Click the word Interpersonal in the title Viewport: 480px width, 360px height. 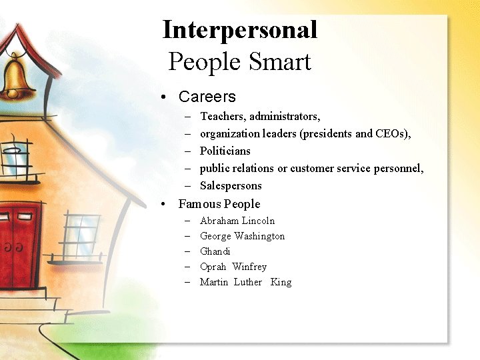[240, 30]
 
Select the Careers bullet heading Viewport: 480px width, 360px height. [207, 97]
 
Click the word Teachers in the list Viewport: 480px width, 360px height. [221, 116]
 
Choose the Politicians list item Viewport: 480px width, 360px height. [225, 151]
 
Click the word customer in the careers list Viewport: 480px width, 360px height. [311, 168]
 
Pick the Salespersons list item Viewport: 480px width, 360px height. [231, 185]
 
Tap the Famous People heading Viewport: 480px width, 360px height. [219, 204]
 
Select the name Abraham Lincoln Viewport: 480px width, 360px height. [237, 221]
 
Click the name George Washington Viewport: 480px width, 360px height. [242, 236]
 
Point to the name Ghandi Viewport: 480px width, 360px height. [215, 251]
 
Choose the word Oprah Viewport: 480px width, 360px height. [213, 267]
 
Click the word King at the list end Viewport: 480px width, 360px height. [281, 282]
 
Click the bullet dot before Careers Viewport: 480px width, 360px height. [164, 97]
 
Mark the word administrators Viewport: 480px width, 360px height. [285, 116]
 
